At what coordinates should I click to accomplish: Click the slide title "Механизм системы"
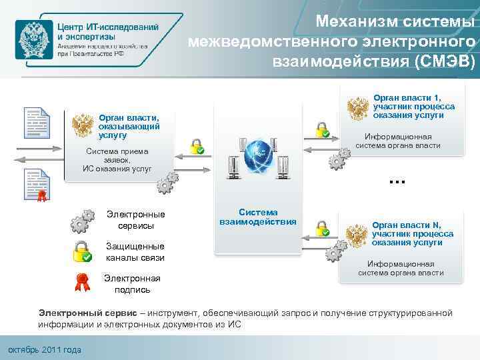coord(396,23)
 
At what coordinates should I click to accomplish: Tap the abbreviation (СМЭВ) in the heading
coord(443,62)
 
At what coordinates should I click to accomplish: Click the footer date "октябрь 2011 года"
coord(43,350)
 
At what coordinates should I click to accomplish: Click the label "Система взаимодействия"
coord(258,216)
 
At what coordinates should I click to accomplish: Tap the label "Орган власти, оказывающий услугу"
coord(128,125)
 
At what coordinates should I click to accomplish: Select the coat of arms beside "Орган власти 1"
coord(358,107)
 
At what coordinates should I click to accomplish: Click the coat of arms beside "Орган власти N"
coord(357,234)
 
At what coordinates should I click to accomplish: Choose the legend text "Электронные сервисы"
coord(135,219)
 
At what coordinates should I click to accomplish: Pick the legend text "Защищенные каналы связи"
coord(135,251)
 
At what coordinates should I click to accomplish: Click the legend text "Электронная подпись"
coord(132,283)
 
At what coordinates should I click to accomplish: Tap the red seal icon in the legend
coord(82,281)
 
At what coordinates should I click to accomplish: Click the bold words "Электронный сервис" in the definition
coord(91,313)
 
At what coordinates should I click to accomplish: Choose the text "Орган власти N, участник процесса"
coord(413,229)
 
